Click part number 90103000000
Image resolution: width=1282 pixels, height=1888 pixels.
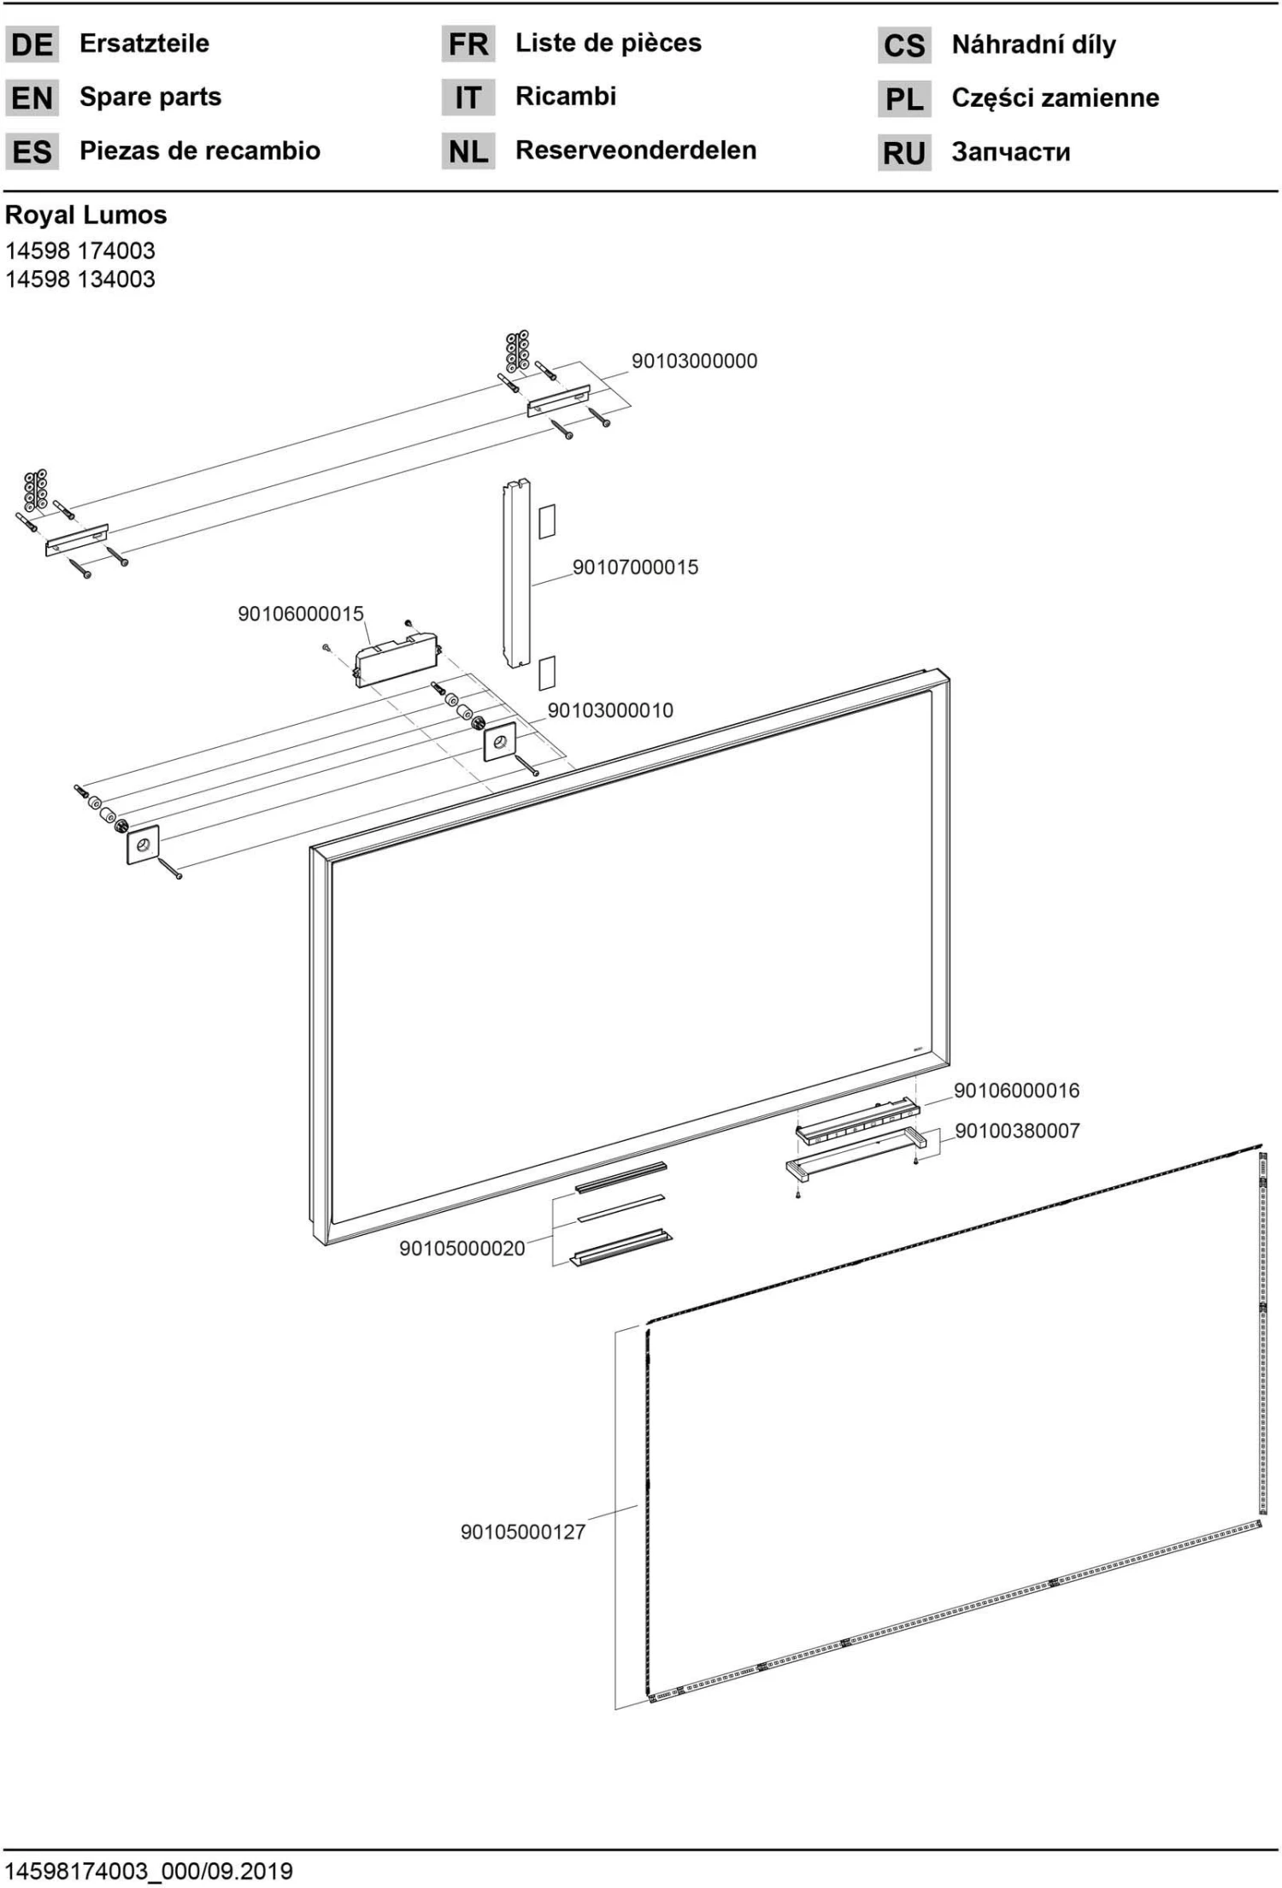[694, 361]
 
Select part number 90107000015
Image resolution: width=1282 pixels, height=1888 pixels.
[635, 567]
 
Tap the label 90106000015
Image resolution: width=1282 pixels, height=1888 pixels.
[300, 614]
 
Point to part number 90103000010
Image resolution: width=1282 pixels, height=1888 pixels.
[610, 710]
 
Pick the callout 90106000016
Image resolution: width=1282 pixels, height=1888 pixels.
[1016, 1091]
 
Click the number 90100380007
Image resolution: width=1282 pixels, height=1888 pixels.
[1017, 1131]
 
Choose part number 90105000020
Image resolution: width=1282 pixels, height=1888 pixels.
[462, 1249]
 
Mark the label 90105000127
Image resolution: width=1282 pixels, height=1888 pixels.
[523, 1532]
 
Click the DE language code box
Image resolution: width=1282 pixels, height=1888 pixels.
[32, 44]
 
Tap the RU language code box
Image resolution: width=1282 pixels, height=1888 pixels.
[903, 154]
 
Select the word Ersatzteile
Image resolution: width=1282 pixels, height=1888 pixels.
[144, 44]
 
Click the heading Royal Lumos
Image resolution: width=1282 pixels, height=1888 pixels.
[86, 215]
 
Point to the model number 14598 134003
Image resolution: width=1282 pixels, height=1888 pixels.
[80, 279]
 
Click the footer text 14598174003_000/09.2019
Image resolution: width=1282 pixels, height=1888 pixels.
[149, 1871]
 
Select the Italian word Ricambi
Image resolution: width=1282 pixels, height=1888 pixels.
[565, 97]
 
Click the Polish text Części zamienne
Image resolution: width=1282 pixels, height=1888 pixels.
[1055, 98]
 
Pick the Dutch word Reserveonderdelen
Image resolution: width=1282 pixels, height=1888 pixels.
[635, 150]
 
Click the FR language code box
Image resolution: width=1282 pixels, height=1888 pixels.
[468, 44]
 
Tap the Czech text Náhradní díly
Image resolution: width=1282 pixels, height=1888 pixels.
[1033, 44]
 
